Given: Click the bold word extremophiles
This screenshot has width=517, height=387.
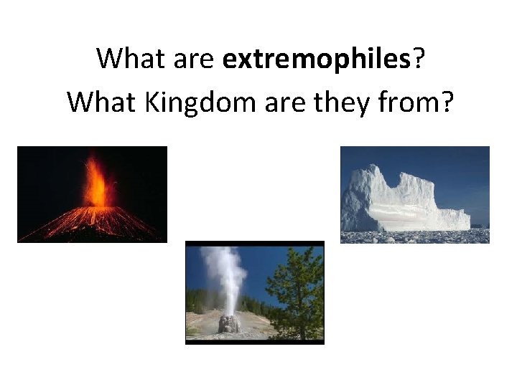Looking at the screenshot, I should pos(317,59).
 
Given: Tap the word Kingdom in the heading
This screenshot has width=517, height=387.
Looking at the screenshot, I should pos(186,102).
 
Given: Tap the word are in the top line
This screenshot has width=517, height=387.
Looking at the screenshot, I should pos(194,59).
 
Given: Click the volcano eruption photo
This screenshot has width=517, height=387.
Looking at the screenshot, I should pos(92,194).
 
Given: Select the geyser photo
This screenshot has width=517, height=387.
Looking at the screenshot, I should pos(255,292).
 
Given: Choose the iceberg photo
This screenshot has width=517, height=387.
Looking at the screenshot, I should pos(414,194).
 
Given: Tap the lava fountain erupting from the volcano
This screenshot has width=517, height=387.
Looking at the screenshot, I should pos(96,185).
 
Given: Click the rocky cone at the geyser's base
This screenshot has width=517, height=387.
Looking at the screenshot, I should pos(228,324).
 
